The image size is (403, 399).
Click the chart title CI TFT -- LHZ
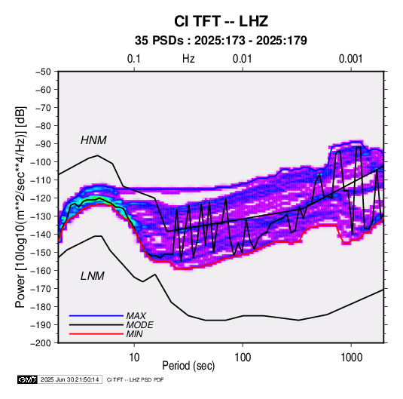click(x=221, y=21)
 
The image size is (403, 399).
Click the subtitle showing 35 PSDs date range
click(x=221, y=41)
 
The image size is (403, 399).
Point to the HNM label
click(x=93, y=140)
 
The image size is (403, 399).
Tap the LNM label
click(x=93, y=276)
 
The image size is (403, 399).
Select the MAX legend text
click(x=136, y=316)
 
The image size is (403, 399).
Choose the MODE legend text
click(x=140, y=325)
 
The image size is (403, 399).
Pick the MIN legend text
click(x=134, y=334)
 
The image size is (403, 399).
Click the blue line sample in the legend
click(x=96, y=316)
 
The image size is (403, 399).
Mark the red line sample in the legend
click(x=96, y=334)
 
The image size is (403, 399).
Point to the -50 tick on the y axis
click(x=43, y=72)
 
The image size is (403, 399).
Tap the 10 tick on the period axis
click(x=134, y=358)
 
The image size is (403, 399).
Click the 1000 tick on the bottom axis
click(x=351, y=358)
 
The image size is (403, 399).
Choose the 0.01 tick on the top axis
click(x=242, y=59)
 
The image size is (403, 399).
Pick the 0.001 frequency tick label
click(x=350, y=59)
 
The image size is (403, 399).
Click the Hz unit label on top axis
click(x=188, y=59)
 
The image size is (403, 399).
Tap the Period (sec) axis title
click(x=188, y=366)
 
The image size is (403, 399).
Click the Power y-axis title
click(x=20, y=207)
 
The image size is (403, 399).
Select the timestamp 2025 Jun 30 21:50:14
click(x=69, y=379)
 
